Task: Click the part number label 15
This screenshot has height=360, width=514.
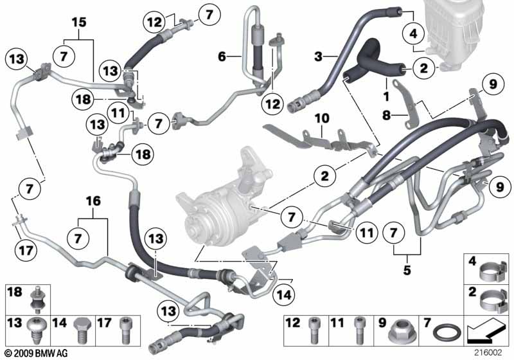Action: [x=79, y=22]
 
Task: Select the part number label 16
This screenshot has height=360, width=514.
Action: [x=93, y=201]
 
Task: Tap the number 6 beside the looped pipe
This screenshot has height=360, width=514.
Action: [x=222, y=57]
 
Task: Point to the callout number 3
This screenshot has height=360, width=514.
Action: [x=318, y=57]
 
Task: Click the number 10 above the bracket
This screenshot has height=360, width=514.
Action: [x=322, y=118]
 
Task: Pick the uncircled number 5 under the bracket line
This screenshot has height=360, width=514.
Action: [x=407, y=270]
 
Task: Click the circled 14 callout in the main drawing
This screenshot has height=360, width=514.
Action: [x=284, y=294]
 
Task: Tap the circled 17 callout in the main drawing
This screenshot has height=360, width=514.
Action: [x=26, y=250]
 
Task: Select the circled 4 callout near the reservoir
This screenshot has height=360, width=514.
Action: [x=413, y=33]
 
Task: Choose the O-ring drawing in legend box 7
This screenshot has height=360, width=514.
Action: [x=447, y=333]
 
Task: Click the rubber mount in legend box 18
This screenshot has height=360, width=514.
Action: [x=37, y=300]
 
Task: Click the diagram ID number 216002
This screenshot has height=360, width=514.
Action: [x=488, y=352]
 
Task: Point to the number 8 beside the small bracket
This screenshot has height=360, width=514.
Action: [x=387, y=115]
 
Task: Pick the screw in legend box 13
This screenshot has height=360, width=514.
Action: [x=37, y=330]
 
